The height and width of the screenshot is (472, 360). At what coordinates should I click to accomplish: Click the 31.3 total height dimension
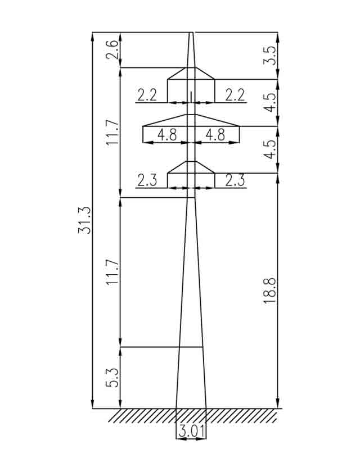84,220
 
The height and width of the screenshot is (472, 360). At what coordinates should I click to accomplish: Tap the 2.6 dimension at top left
112,49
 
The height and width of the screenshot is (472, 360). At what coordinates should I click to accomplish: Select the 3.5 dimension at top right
269,56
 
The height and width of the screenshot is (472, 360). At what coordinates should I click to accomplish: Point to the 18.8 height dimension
269,291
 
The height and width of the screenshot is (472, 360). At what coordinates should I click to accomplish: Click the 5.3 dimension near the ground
112,378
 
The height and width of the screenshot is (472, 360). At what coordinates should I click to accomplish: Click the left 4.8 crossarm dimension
167,134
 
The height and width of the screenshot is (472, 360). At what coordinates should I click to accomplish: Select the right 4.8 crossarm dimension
215,134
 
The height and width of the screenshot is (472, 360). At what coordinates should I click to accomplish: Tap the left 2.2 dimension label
147,96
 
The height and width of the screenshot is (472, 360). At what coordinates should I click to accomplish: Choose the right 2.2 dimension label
235,96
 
